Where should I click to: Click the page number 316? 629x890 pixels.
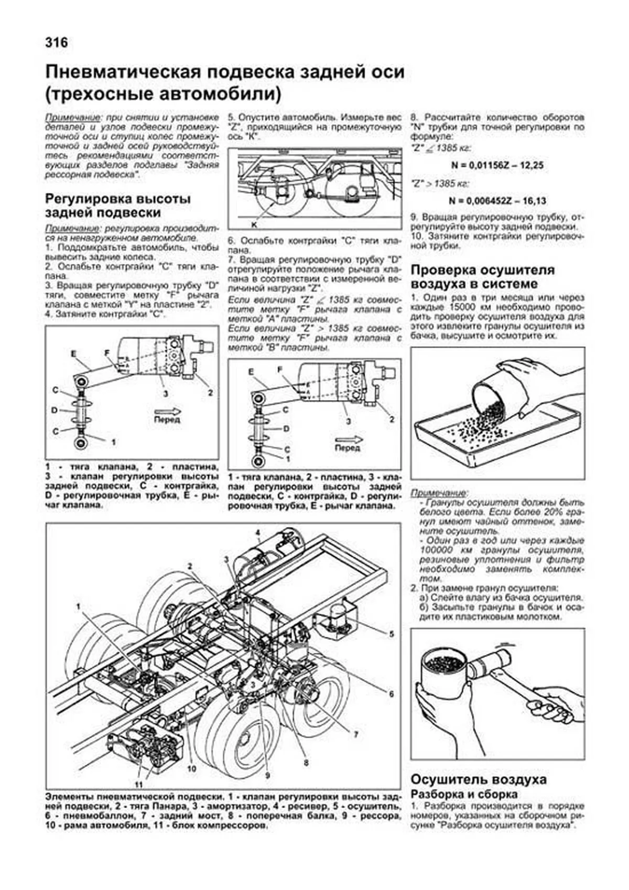coord(57,42)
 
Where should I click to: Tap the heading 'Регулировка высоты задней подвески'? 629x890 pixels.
coord(117,206)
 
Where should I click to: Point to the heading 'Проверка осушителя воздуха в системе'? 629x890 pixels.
coord(482,277)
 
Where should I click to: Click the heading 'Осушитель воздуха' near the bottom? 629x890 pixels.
coord(478,779)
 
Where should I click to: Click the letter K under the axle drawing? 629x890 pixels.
coord(254,224)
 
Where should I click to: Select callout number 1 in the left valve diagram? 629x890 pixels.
coord(113,442)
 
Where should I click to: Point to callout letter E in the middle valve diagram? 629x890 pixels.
coord(251,372)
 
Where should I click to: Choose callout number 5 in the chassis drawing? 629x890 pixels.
coord(391,634)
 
